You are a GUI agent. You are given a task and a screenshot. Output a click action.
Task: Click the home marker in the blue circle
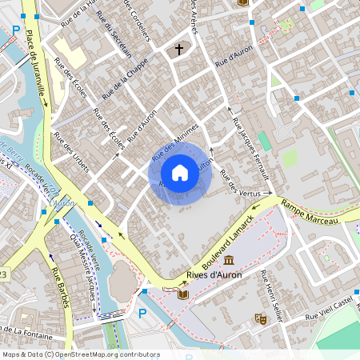pyautogui.click(x=179, y=172)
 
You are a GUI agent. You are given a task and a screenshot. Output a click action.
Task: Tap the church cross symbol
pyautogui.click(x=179, y=50)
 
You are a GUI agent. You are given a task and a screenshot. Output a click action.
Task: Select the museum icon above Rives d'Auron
pyautogui.click(x=230, y=261)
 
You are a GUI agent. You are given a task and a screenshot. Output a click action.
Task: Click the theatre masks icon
pyautogui.click(x=259, y=318)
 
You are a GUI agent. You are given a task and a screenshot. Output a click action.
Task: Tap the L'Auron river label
pyautogui.click(x=62, y=203)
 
